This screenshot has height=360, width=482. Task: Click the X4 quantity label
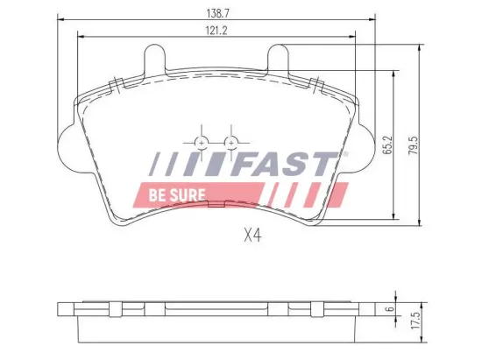click(254, 235)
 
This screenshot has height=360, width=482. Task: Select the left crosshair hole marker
click(201, 142)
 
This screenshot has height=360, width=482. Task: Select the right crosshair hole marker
click(230, 142)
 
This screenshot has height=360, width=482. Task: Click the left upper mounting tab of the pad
click(152, 60)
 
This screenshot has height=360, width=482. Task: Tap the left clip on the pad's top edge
click(115, 84)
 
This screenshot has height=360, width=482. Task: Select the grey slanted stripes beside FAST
click(175, 164)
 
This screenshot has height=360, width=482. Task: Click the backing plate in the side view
click(215, 308)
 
